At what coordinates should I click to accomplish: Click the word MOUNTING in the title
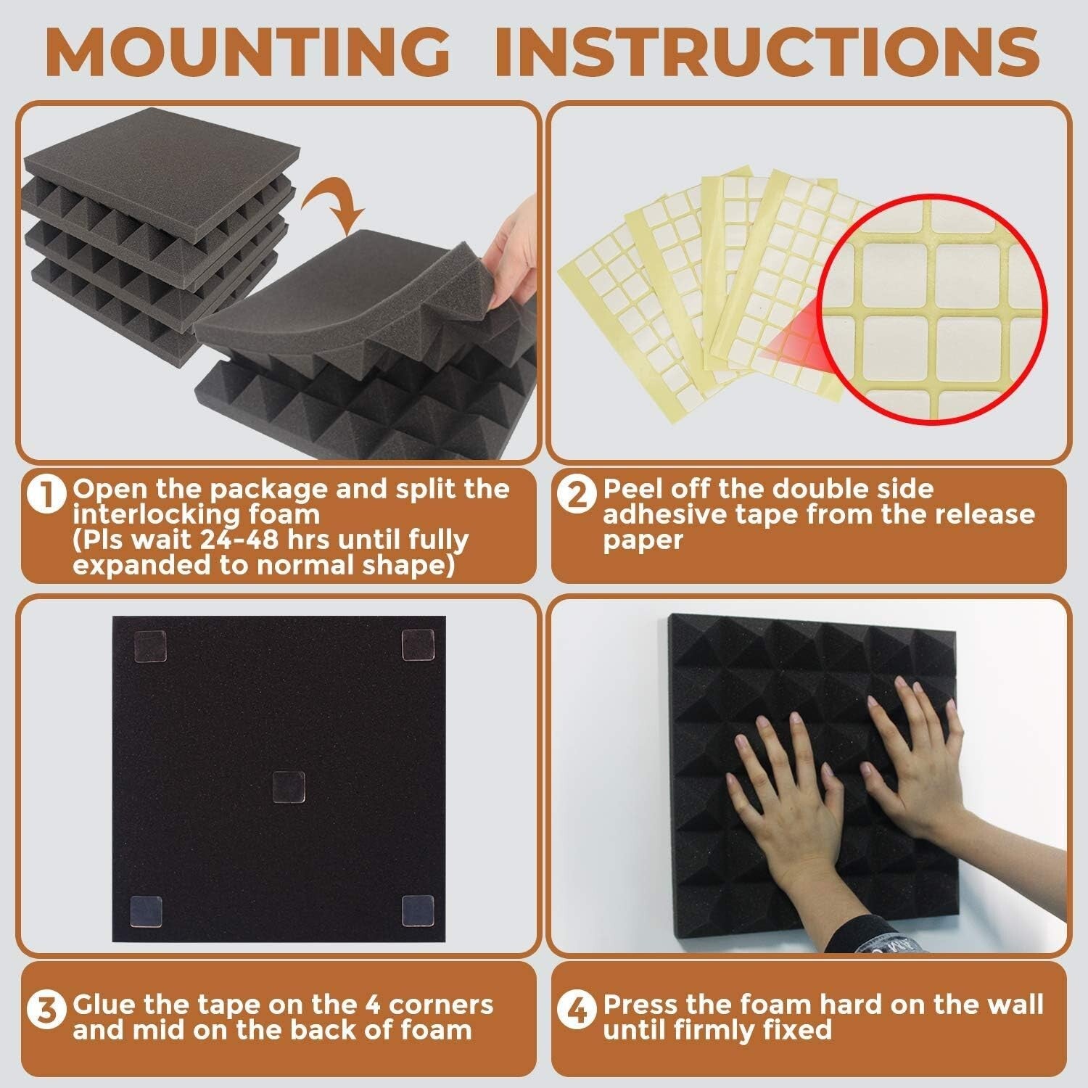pyautogui.click(x=247, y=51)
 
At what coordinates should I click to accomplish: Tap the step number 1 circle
pyautogui.click(x=46, y=495)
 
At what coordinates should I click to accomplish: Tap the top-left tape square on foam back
pyautogui.click(x=149, y=646)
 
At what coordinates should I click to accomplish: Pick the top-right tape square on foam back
pyautogui.click(x=418, y=645)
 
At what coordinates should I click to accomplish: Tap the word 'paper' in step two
pyautogui.click(x=643, y=540)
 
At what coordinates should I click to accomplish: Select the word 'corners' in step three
pyautogui.click(x=442, y=1005)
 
